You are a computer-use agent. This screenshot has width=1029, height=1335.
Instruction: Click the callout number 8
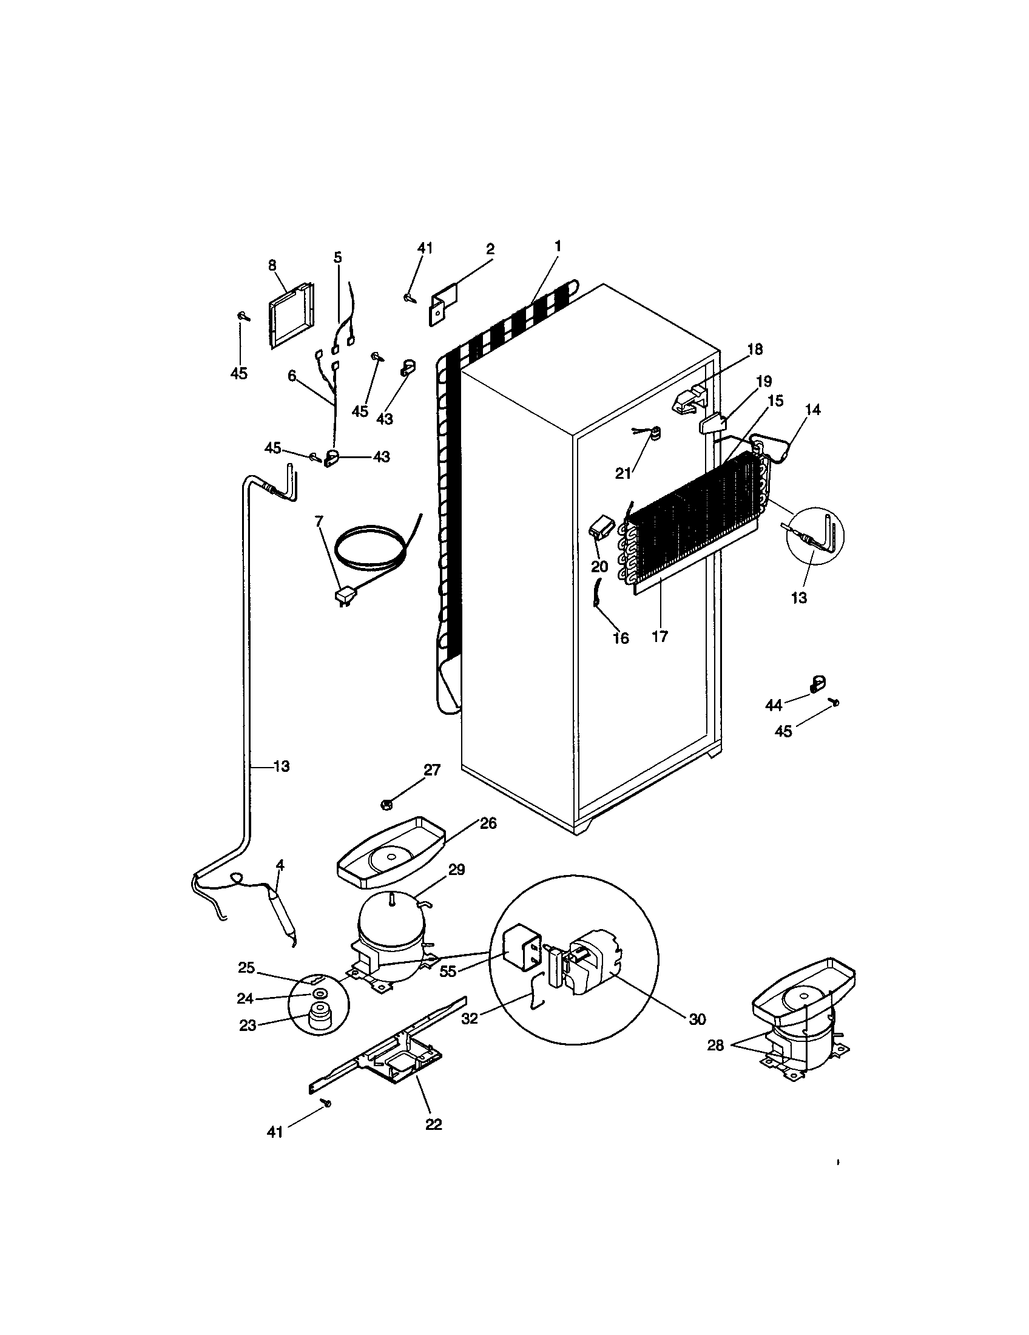click(272, 265)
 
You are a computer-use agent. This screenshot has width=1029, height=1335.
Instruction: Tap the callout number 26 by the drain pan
click(488, 823)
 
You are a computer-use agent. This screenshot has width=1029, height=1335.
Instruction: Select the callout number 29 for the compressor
click(456, 869)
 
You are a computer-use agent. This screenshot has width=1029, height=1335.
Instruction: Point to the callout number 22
click(433, 1124)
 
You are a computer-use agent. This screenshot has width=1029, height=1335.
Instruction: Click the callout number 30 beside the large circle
click(697, 1019)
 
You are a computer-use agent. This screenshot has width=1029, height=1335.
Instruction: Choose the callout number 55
click(448, 972)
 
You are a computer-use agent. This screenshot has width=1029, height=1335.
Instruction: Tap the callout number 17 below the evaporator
click(660, 637)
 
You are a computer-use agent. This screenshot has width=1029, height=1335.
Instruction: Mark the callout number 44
click(774, 705)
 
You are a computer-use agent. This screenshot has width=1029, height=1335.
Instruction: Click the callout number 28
click(715, 1046)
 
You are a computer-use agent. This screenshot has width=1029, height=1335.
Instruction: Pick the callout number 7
click(318, 521)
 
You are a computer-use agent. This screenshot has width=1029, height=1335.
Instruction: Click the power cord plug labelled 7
click(345, 595)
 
